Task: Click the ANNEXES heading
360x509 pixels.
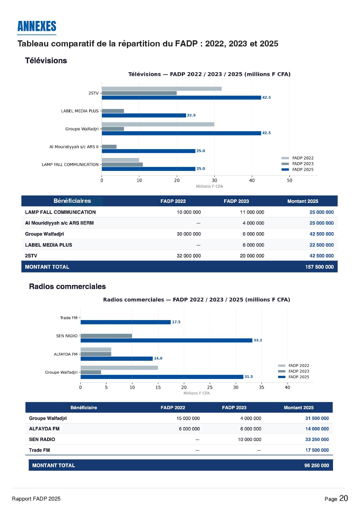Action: click(37, 26)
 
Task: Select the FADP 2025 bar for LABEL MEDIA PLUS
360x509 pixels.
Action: click(144, 115)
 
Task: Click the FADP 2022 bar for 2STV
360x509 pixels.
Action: click(161, 89)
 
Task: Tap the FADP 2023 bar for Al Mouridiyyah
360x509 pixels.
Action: click(109, 147)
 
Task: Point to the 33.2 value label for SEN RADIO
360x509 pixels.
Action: click(258, 340)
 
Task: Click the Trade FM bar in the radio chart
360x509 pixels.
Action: click(125, 322)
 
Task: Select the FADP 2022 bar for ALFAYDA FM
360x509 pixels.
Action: click(96, 350)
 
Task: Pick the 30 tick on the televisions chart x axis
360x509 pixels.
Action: click(214, 181)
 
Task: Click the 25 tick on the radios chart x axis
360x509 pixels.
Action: click(210, 387)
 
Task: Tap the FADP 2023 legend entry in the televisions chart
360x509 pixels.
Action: click(303, 164)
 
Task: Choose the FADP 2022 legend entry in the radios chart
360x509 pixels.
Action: click(298, 366)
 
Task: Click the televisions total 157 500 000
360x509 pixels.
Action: click(319, 267)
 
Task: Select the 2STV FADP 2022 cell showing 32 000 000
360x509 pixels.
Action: click(189, 256)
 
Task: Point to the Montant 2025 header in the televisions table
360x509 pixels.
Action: click(303, 201)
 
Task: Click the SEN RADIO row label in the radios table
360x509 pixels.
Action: click(42, 440)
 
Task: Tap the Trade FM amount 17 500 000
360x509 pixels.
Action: click(317, 450)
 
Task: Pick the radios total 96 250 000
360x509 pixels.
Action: click(316, 465)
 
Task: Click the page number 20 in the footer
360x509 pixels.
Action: click(343, 499)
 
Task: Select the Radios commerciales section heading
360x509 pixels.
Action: click(67, 287)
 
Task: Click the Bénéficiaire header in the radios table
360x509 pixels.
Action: click(84, 408)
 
